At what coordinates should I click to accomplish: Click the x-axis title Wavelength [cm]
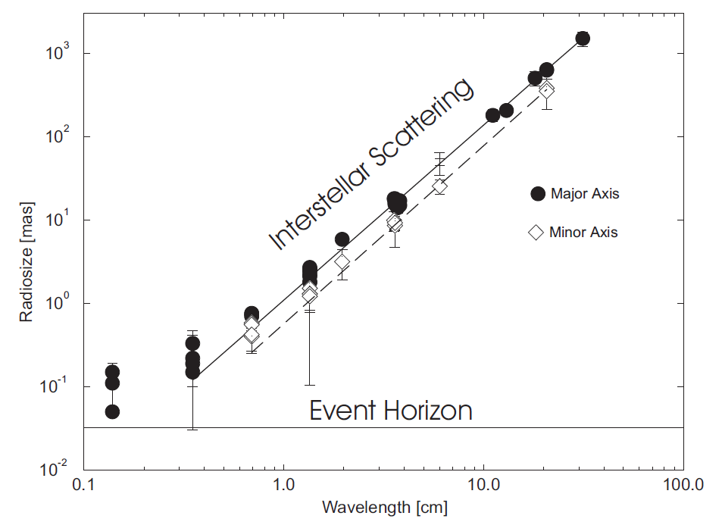[x=385, y=506]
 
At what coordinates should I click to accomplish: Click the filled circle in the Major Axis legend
[x=538, y=193]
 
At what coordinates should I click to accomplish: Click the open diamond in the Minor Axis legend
[x=536, y=232]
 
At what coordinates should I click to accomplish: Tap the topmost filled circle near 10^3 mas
[x=583, y=39]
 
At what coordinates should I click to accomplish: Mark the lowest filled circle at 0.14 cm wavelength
[x=112, y=411]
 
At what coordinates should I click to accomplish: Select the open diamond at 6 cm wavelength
[x=439, y=186]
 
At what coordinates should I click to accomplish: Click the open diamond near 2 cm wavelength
[x=342, y=262]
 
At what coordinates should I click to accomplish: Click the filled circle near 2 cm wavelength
[x=342, y=240]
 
